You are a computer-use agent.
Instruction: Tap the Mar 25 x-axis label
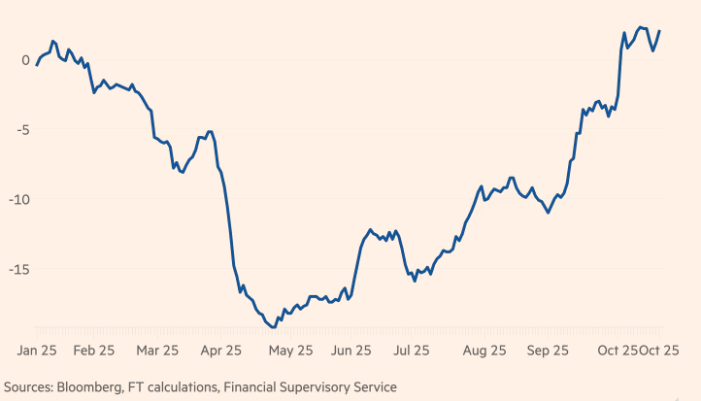click(157, 351)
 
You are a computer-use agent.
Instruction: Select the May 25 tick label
click(290, 351)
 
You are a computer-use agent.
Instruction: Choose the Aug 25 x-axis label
click(484, 351)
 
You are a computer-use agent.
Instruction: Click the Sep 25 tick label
click(549, 351)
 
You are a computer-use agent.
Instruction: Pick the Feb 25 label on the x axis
click(93, 351)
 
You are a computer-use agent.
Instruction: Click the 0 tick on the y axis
click(25, 60)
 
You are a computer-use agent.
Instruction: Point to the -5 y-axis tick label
click(22, 130)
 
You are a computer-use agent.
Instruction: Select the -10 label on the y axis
click(19, 200)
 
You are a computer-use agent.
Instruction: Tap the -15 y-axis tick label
click(19, 270)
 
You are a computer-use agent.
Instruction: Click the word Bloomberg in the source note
click(92, 387)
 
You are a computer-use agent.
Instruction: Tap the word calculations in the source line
click(182, 387)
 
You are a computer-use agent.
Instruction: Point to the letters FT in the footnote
click(135, 387)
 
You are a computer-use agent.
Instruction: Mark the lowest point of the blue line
click(274, 327)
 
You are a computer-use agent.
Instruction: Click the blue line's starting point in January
click(37, 65)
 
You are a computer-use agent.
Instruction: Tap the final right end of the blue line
click(659, 31)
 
